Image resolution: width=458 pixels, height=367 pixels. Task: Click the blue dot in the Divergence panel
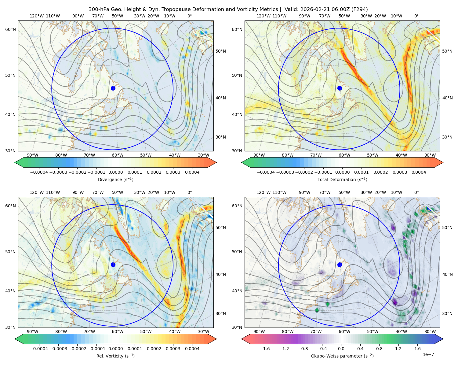[113, 88]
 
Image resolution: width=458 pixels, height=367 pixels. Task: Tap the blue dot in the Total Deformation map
[340, 88]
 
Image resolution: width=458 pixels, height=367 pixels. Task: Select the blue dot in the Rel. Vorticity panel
[113, 265]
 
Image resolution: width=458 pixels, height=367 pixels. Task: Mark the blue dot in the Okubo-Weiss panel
[340, 265]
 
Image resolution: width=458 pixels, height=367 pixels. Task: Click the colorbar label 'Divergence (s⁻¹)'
[115, 179]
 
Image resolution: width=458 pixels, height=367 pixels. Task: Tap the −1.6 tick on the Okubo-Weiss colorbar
[265, 349]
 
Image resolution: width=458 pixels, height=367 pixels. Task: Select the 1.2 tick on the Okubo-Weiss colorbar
[398, 349]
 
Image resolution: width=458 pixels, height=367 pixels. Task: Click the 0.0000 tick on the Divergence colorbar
[115, 172]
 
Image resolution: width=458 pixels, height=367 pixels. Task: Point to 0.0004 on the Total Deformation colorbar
[419, 172]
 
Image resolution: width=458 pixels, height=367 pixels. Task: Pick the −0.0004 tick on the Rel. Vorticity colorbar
[39, 349]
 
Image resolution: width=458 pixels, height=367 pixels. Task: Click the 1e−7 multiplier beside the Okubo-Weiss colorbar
[428, 354]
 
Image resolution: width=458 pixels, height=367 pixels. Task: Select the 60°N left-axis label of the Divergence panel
[10, 29]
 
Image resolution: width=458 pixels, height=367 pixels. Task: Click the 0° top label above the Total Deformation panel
[416, 16]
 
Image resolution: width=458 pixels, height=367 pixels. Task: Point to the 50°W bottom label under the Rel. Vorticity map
[146, 332]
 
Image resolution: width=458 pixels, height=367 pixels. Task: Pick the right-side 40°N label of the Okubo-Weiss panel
[447, 274]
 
